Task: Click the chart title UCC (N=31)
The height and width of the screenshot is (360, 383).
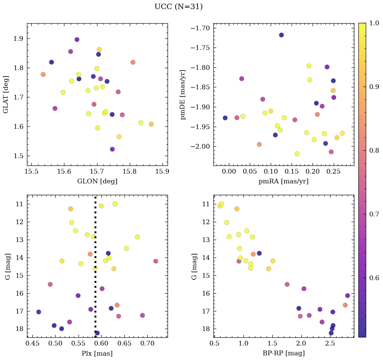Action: pyautogui.click(x=178, y=7)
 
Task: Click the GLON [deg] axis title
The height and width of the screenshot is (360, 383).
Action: pyautogui.click(x=97, y=181)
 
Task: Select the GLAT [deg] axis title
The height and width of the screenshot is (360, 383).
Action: pyautogui.click(x=6, y=94)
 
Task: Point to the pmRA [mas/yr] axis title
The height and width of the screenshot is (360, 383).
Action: pyautogui.click(x=283, y=181)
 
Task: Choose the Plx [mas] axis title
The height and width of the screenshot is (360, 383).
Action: pyautogui.click(x=97, y=353)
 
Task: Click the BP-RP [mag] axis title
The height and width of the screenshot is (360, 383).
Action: pyautogui.click(x=283, y=353)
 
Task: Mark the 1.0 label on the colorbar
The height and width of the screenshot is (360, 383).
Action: pyautogui.click(x=374, y=23)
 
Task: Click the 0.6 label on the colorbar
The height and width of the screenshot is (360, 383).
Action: pyautogui.click(x=374, y=278)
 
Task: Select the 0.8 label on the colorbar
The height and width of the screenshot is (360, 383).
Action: pyautogui.click(x=374, y=150)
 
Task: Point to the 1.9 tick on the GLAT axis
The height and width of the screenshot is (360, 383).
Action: pyautogui.click(x=18, y=39)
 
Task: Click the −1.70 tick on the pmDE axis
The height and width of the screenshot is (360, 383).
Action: pyautogui.click(x=201, y=28)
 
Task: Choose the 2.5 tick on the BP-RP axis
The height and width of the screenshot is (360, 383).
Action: pyautogui.click(x=330, y=343)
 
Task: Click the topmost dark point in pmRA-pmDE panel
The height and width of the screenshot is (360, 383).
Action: pyautogui.click(x=281, y=35)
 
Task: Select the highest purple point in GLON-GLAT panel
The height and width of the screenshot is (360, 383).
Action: pyautogui.click(x=77, y=39)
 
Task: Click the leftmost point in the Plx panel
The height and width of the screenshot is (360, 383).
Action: pyautogui.click(x=38, y=312)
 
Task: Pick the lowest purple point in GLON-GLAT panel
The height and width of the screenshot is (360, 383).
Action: pyautogui.click(x=112, y=149)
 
